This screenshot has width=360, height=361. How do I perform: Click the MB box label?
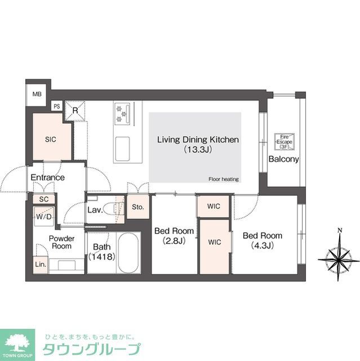37,94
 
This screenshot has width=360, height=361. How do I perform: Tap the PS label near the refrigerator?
57,106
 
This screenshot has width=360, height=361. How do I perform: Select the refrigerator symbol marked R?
75,111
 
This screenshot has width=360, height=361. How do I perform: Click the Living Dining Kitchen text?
198,139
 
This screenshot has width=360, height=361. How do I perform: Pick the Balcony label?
283,159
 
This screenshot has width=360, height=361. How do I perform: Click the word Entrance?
47,177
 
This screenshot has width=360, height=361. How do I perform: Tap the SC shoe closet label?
43,199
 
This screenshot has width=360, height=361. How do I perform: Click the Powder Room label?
61,243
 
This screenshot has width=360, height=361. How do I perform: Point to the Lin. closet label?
40,264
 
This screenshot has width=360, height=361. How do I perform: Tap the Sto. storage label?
138,207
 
